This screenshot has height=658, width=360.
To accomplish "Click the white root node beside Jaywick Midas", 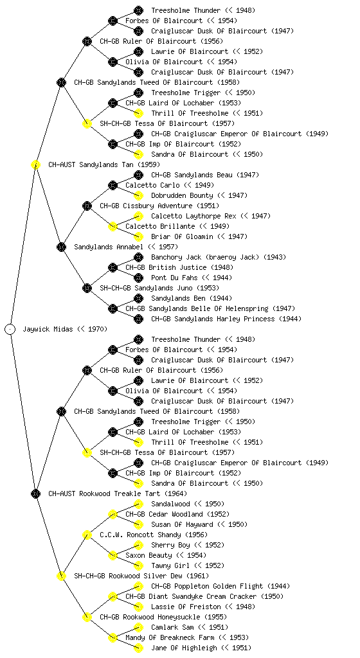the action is (10, 329).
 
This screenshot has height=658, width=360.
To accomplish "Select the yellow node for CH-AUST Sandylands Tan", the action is (35, 164).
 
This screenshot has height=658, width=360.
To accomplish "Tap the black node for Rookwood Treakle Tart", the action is (35, 493).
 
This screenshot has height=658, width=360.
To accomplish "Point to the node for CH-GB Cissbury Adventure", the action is (87, 206).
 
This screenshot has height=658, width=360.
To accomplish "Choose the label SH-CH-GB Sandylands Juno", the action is (159, 288).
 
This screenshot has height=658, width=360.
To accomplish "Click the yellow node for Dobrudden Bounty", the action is (138, 195).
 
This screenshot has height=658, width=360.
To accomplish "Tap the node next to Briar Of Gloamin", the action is (138, 236).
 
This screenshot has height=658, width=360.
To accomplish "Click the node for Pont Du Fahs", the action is (138, 278).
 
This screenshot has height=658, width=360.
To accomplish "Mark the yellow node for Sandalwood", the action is (138, 504).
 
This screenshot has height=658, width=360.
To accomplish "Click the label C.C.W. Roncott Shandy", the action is (154, 535).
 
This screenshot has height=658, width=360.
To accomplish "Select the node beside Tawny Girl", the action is (138, 565).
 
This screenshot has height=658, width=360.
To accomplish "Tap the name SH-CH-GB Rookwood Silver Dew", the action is (141, 576).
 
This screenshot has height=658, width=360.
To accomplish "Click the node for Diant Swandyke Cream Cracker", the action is (113, 596).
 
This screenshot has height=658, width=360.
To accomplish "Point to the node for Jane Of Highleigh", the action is (138, 648).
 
